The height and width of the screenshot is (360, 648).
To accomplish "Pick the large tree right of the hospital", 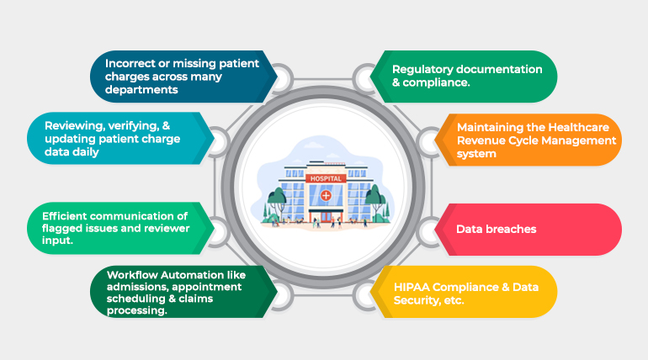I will click(x=374, y=202).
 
